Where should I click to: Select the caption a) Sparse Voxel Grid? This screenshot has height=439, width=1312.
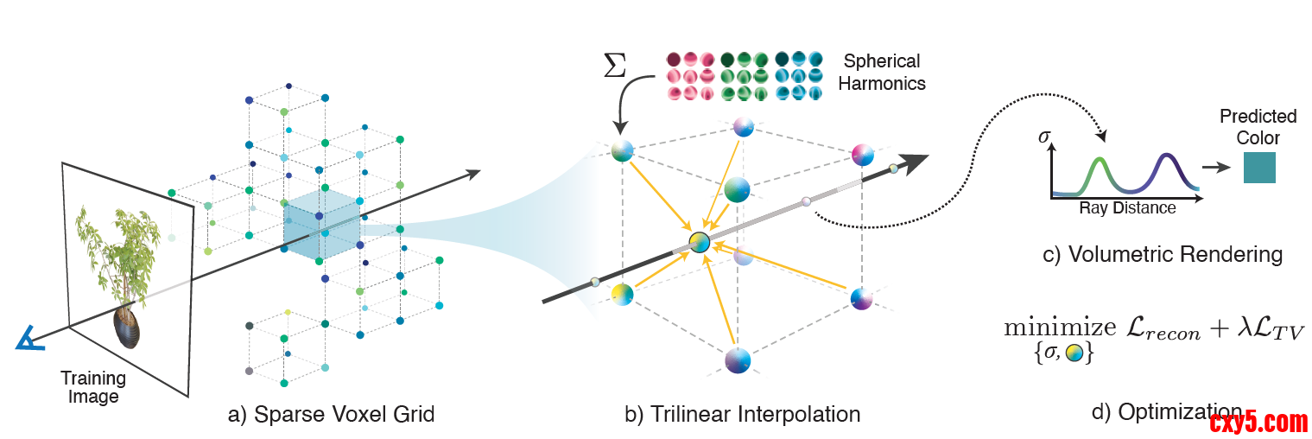pos(331,415)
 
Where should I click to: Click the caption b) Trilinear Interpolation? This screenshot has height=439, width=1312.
pos(742,415)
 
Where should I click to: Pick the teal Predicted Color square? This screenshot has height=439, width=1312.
pos(1258,167)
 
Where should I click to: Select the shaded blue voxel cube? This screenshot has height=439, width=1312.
pos(320,227)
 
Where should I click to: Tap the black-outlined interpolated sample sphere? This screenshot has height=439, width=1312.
pos(700,243)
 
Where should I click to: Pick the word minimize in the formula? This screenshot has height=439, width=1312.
pos(1059,328)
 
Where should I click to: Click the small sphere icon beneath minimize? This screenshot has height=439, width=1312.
pos(1074,353)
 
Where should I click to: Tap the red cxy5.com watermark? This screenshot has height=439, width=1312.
pos(1258,423)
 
